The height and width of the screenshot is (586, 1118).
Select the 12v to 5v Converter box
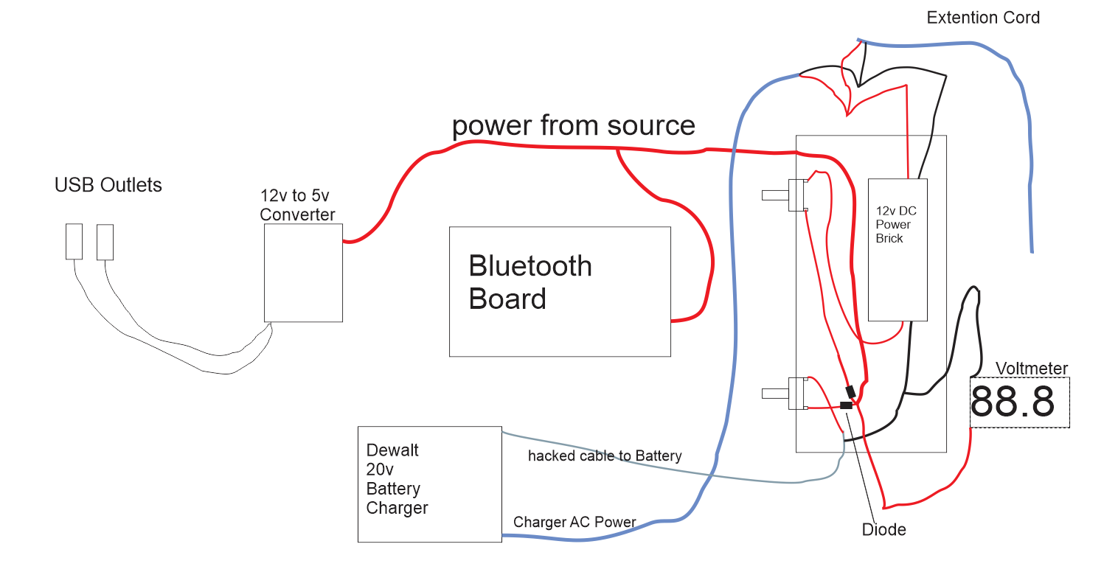[303, 273]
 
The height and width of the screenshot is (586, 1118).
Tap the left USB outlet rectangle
[74, 242]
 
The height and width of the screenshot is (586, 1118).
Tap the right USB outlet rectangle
[105, 242]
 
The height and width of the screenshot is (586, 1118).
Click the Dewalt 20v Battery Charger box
[429, 484]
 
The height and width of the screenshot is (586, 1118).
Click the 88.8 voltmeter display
[1019, 402]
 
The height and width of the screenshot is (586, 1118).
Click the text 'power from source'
[573, 125]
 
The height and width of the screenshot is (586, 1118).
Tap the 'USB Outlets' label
[108, 185]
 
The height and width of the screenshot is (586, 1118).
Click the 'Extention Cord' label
[983, 18]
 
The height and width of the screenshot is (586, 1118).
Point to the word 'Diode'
[883, 529]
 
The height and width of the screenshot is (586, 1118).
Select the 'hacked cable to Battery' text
[605, 456]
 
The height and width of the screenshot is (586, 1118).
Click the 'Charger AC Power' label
[574, 522]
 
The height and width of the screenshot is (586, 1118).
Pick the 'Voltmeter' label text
[1031, 369]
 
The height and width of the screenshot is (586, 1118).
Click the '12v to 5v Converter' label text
[297, 205]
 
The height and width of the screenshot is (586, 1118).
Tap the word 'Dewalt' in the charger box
[392, 450]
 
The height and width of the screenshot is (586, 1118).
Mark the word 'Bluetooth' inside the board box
[530, 266]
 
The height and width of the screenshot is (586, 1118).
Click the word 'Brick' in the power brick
[889, 238]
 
